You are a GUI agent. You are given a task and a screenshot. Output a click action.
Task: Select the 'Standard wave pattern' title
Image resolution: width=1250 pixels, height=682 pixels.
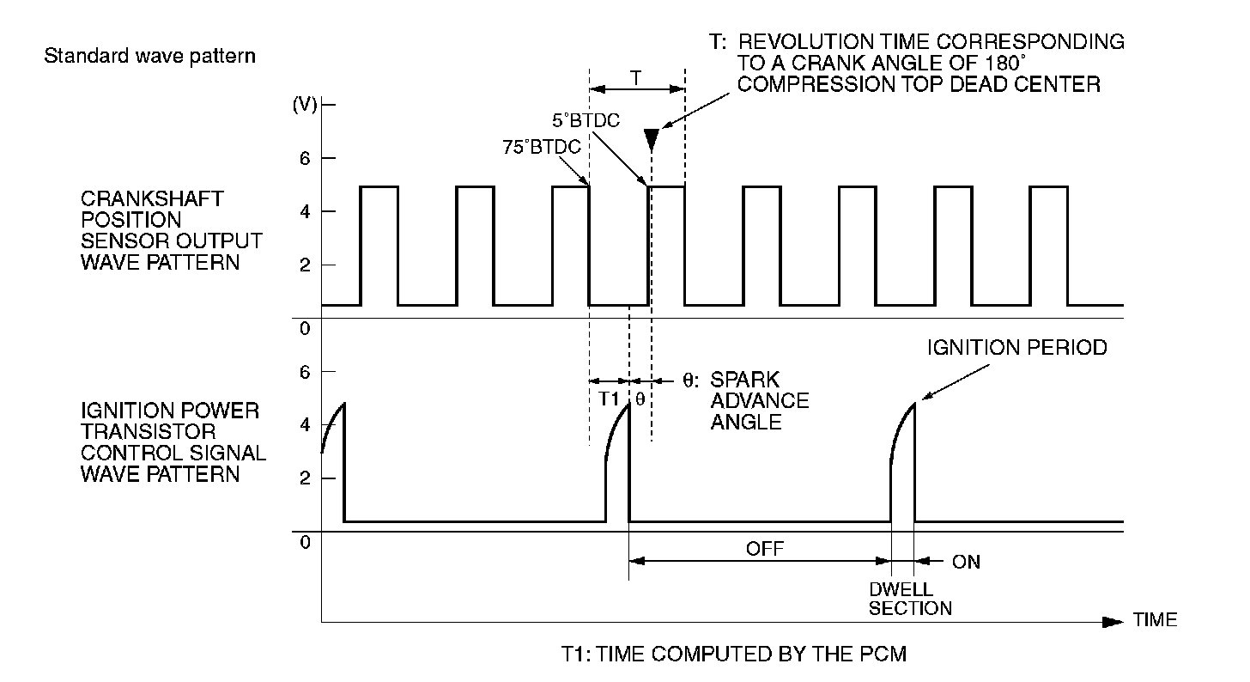click(x=149, y=58)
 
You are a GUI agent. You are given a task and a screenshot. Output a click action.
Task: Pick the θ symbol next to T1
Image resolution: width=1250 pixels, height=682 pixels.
click(x=640, y=399)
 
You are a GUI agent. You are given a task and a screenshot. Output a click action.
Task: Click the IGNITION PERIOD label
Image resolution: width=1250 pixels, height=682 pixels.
click(x=1017, y=348)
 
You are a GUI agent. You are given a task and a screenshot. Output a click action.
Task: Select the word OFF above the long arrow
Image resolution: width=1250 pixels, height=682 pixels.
click(x=766, y=548)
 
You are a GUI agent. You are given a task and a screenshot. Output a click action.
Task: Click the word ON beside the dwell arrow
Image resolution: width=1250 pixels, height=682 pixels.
click(x=966, y=563)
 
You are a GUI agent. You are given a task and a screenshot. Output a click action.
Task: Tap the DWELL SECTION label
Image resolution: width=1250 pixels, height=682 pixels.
click(x=910, y=600)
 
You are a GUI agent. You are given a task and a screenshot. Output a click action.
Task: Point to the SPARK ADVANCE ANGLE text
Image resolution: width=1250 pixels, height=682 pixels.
click(x=759, y=400)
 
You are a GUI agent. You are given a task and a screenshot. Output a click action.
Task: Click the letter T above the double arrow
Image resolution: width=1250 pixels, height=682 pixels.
click(x=635, y=77)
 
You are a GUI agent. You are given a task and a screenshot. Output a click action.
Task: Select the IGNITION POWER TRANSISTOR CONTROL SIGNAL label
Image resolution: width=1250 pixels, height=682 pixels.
click(x=172, y=441)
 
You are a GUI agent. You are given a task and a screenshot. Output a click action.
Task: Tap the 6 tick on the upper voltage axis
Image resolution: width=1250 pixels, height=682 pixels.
click(x=305, y=158)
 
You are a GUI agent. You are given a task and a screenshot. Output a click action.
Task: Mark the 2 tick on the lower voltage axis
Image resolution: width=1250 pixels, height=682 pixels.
click(x=305, y=478)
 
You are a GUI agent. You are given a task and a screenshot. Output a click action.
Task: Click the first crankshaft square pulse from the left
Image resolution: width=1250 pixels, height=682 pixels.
click(x=379, y=245)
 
